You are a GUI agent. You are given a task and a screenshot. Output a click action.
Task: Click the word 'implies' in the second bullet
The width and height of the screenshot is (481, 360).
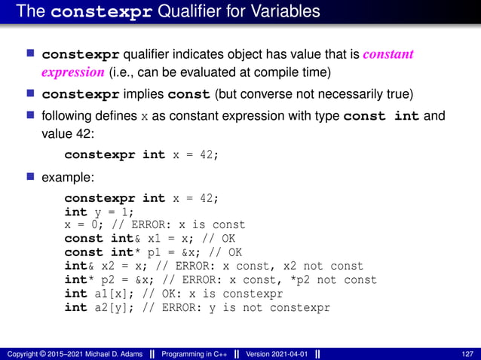[143, 96]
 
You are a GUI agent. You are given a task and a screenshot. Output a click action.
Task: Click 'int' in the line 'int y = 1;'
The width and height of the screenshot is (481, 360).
[75, 212]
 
